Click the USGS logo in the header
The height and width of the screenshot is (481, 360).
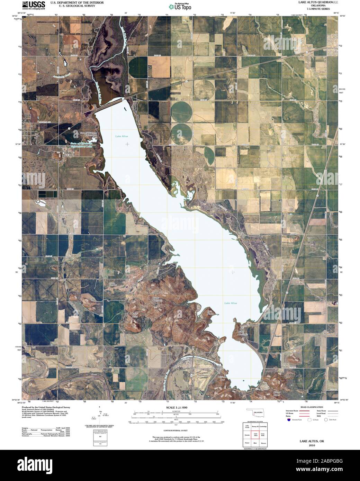pyautogui.click(x=34, y=5)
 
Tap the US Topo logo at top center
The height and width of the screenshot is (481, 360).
pyautogui.click(x=180, y=6)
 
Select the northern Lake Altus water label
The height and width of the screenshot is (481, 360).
pyautogui.click(x=121, y=136)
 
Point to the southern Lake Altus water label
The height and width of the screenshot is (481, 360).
pyautogui.click(x=231, y=303)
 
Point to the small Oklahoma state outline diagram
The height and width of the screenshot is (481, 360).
pyautogui.click(x=256, y=414)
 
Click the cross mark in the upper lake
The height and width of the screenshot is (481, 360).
pyautogui.click(x=128, y=144)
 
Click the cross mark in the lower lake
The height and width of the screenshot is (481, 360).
pyautogui.click(x=233, y=272)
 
